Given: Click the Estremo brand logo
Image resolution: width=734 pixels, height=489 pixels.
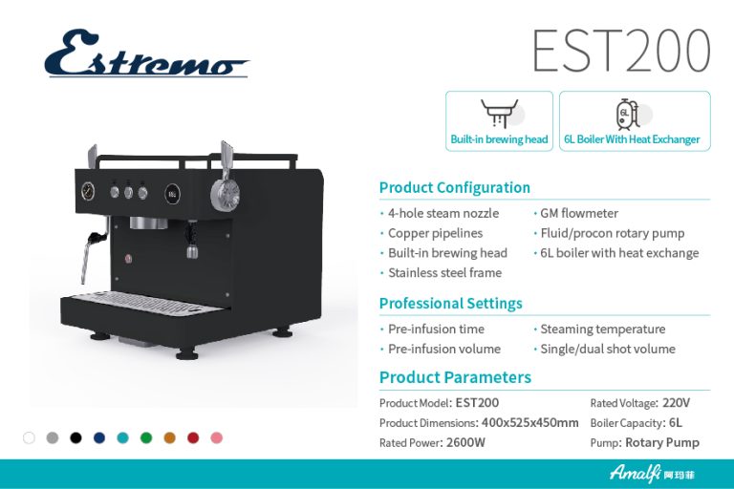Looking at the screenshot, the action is [x=146, y=53].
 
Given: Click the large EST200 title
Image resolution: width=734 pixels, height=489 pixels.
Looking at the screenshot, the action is [x=621, y=50].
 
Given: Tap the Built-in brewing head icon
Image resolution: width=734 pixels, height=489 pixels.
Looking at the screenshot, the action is [x=500, y=113].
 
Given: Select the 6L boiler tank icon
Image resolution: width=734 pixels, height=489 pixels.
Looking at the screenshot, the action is [x=627, y=115].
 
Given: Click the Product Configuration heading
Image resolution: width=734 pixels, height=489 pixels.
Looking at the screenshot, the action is [x=455, y=187].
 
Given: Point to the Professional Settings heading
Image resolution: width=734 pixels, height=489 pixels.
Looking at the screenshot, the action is [x=451, y=303].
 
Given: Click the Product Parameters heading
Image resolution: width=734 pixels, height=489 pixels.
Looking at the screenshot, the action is [x=455, y=377].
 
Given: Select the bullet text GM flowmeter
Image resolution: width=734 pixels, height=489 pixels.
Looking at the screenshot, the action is [x=579, y=213].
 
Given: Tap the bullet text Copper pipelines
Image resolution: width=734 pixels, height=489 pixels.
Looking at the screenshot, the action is [x=435, y=233].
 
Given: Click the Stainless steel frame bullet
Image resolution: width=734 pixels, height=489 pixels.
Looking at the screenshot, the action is [x=444, y=273].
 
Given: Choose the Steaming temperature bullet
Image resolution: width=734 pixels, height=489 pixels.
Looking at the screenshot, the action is [x=602, y=329].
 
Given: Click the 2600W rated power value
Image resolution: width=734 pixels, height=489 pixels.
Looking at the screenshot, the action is [x=465, y=442].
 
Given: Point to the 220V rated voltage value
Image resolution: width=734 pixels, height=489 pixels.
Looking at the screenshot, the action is [x=676, y=403].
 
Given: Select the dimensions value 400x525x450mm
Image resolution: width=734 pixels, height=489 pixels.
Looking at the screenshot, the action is [x=529, y=423].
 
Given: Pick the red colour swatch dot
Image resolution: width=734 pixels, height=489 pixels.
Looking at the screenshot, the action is [x=193, y=438].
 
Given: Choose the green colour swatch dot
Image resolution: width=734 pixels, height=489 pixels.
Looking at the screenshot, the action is [x=146, y=438].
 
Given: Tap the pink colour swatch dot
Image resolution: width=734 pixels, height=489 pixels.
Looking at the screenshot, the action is [x=216, y=438].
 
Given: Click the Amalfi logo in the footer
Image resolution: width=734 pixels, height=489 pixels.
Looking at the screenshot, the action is [x=652, y=474].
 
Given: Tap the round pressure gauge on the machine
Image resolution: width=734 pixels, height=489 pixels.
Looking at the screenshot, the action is [x=88, y=191].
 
